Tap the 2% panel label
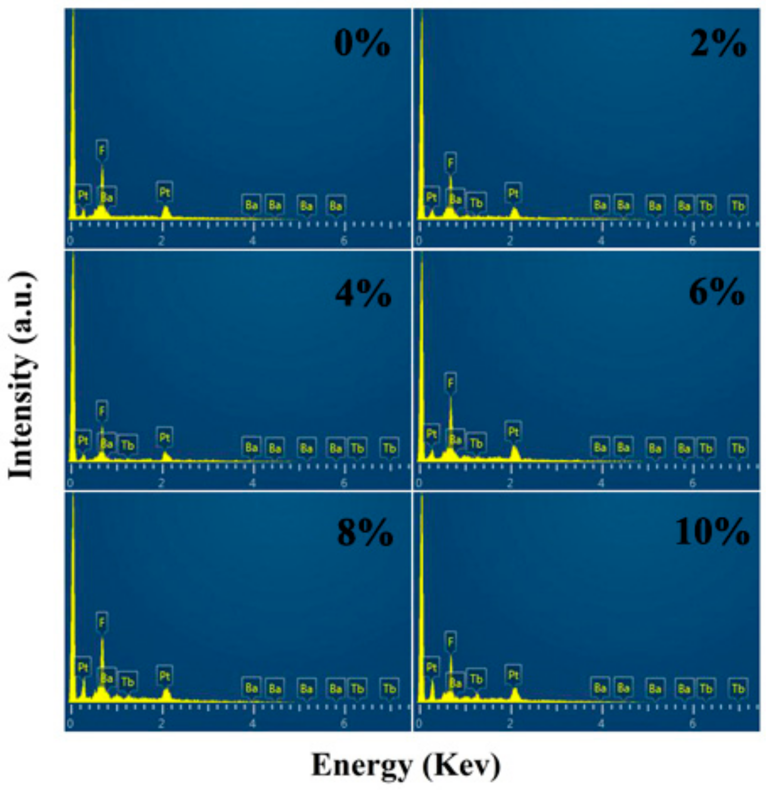[x=718, y=44]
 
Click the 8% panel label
[x=364, y=533]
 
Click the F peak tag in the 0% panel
[x=102, y=150]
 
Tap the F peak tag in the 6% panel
[x=450, y=382]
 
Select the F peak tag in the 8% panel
[x=102, y=622]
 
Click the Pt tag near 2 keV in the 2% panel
[x=513, y=193]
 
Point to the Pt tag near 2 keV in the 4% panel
[x=164, y=437]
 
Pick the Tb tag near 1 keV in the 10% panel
[x=476, y=679]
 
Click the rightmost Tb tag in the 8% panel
[x=389, y=688]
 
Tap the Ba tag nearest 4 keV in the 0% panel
[x=251, y=204]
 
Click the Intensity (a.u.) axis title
[x=22, y=375]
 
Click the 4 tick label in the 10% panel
[x=601, y=724]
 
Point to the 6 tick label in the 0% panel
[x=343, y=240]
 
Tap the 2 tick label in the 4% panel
[x=161, y=483]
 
